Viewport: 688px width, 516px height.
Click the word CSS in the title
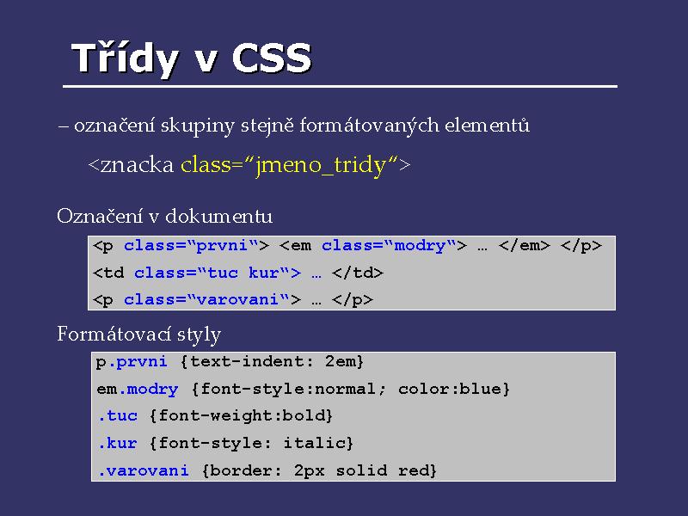pyautogui.click(x=272, y=58)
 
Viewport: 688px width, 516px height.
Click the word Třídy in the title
pyautogui.click(x=125, y=59)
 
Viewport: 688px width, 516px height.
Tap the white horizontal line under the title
pyautogui.click(x=340, y=87)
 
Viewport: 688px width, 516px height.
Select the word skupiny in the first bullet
pyautogui.click(x=197, y=126)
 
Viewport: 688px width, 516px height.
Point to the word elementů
pyautogui.click(x=487, y=125)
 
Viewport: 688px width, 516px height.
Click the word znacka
pyautogui.click(x=138, y=165)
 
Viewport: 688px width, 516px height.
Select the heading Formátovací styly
pyautogui.click(x=138, y=335)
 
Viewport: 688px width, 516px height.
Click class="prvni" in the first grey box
pyautogui.click(x=191, y=245)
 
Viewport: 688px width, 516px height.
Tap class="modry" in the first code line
pyautogui.click(x=390, y=245)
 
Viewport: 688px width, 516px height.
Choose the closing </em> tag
pyautogui.click(x=524, y=245)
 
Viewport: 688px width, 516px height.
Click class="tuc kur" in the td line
pyautogui.click(x=212, y=273)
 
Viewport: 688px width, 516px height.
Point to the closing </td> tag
pyautogui.click(x=358, y=273)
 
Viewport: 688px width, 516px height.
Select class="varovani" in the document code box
pyautogui.click(x=206, y=299)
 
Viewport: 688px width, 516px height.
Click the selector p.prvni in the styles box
pyautogui.click(x=132, y=362)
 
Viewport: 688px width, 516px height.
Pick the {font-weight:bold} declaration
pyautogui.click(x=241, y=415)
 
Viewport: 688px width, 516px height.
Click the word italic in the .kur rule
pyautogui.click(x=314, y=443)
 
